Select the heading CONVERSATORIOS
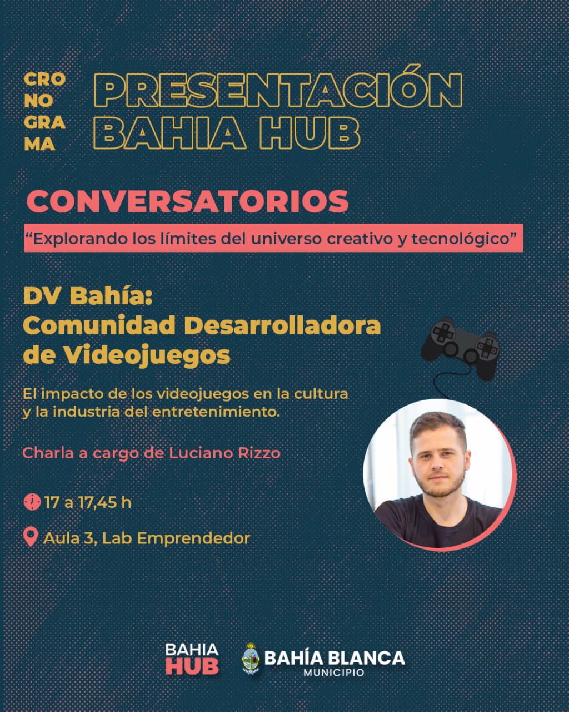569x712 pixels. click(187, 201)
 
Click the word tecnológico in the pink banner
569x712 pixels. click(460, 239)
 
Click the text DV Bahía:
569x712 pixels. click(88, 296)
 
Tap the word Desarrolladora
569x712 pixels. click(283, 325)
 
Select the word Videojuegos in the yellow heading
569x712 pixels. click(147, 355)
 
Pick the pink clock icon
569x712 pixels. click(32, 502)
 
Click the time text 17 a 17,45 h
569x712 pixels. click(88, 502)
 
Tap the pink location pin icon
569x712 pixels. click(31, 537)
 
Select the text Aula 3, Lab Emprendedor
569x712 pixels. click(147, 538)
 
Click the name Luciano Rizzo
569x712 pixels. click(225, 453)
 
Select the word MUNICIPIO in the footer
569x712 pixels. click(334, 673)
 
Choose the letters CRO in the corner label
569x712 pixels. click(44, 80)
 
